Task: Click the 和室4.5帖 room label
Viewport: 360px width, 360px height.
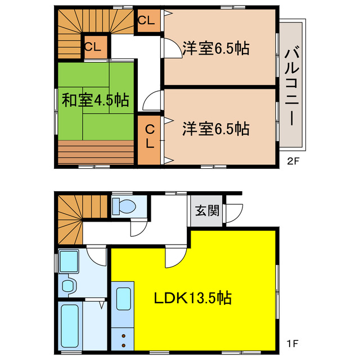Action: coord(95,101)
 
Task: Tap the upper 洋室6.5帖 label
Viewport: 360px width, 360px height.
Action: coord(215,49)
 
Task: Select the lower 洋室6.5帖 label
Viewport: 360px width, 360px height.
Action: coord(215,129)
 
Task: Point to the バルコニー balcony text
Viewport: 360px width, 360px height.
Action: coord(292,87)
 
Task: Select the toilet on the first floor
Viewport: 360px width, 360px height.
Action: coord(124,206)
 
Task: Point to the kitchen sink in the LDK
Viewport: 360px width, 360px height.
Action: coord(123,299)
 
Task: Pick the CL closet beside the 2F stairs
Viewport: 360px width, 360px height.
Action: coord(93,48)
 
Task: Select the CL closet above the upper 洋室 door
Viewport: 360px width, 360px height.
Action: coord(147,21)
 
